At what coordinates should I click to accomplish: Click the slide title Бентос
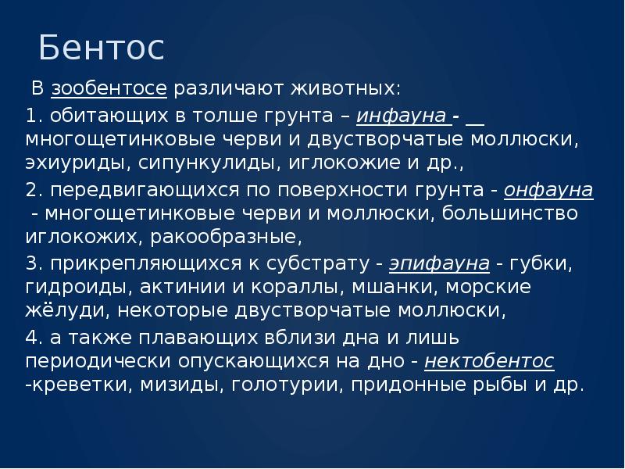coord(101,48)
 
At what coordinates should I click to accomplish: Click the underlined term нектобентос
coord(489,360)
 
